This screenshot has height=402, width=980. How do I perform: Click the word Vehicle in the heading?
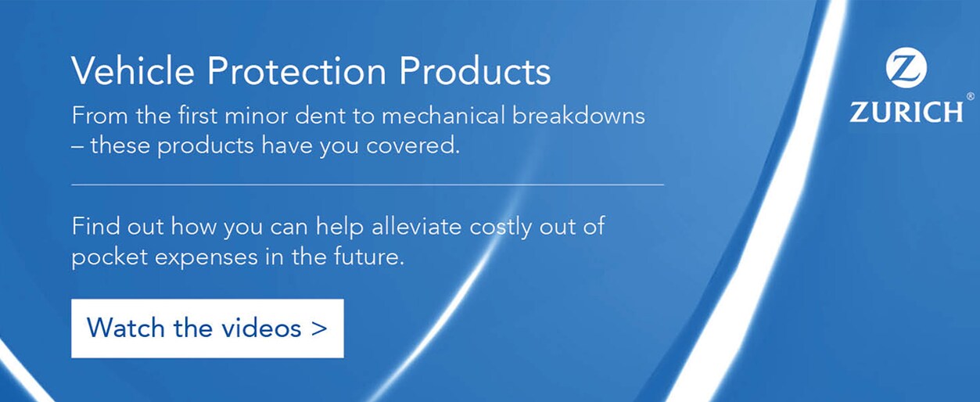tap(133, 70)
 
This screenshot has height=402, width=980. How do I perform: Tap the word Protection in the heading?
tap(296, 70)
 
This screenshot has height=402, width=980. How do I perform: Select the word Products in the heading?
tap(475, 70)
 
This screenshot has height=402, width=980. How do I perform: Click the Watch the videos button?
tap(207, 328)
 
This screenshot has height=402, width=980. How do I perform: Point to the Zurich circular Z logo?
tap(906, 67)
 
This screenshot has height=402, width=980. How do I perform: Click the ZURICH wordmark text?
tap(906, 112)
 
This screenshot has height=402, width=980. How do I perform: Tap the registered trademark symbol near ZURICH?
tap(970, 96)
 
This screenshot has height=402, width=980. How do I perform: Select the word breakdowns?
tap(578, 116)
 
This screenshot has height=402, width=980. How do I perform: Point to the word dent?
tap(320, 116)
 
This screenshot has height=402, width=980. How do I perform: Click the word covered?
tap(413, 145)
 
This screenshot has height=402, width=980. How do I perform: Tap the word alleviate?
tap(416, 227)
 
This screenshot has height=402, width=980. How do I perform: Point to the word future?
tap(369, 257)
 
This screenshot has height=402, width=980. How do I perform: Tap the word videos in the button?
tap(261, 328)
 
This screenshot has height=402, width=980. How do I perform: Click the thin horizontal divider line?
tap(368, 185)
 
